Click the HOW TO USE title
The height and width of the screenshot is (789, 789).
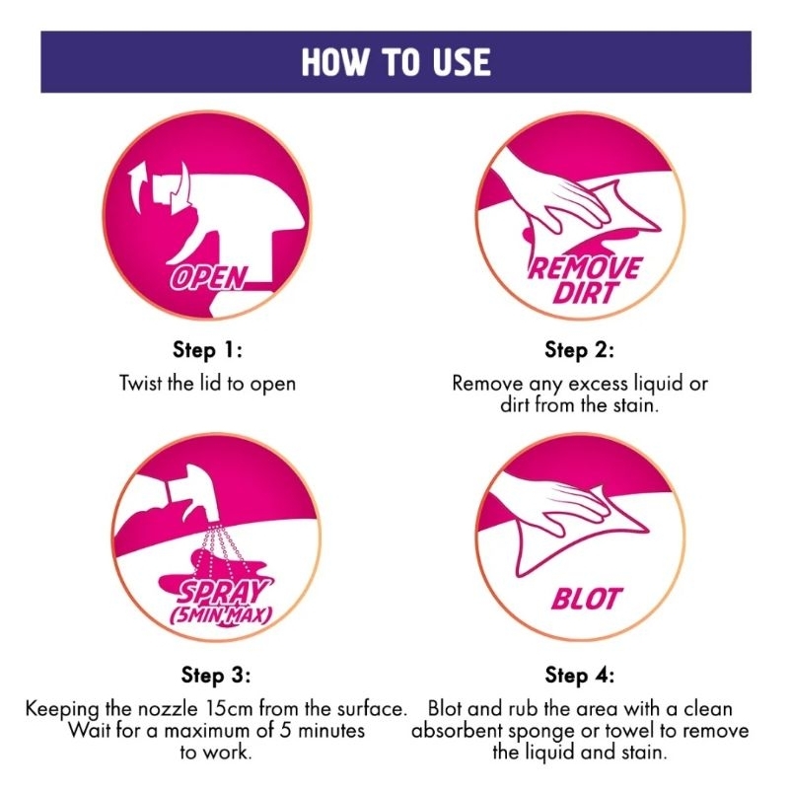click(396, 62)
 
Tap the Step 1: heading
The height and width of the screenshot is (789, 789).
click(207, 350)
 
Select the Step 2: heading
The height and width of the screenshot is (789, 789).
click(579, 350)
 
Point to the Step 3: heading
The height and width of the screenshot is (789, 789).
click(215, 675)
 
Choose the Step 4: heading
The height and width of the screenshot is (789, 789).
click(579, 675)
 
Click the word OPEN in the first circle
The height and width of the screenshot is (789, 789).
click(209, 278)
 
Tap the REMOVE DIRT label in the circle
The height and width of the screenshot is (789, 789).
click(584, 280)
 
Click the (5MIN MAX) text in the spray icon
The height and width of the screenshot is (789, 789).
click(221, 615)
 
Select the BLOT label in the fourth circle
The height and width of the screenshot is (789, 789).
click(586, 599)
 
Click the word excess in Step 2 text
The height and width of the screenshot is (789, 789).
click(599, 384)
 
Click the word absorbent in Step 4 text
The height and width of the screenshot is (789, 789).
click(458, 730)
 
